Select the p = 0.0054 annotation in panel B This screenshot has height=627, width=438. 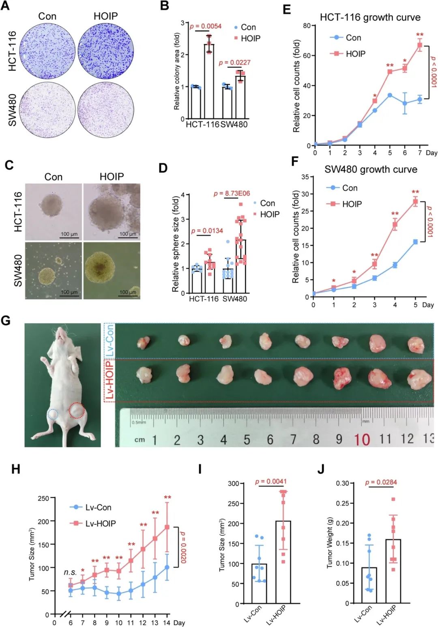(x=206, y=26)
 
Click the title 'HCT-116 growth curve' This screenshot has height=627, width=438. (x=370, y=17)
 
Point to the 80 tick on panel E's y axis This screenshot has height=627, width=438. (x=307, y=26)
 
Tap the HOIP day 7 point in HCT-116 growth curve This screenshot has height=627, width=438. (x=420, y=45)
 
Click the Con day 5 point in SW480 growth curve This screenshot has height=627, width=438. (x=415, y=242)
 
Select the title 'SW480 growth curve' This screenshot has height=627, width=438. (x=371, y=169)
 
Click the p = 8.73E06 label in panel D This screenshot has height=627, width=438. (x=232, y=193)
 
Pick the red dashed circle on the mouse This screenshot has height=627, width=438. (x=77, y=411)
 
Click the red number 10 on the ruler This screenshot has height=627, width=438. (x=362, y=439)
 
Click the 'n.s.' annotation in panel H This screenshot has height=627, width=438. (x=70, y=572)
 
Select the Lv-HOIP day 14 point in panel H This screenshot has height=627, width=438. (x=167, y=527)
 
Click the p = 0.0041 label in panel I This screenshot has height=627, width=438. (x=271, y=481)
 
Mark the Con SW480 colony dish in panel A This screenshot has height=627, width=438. (x=47, y=110)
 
